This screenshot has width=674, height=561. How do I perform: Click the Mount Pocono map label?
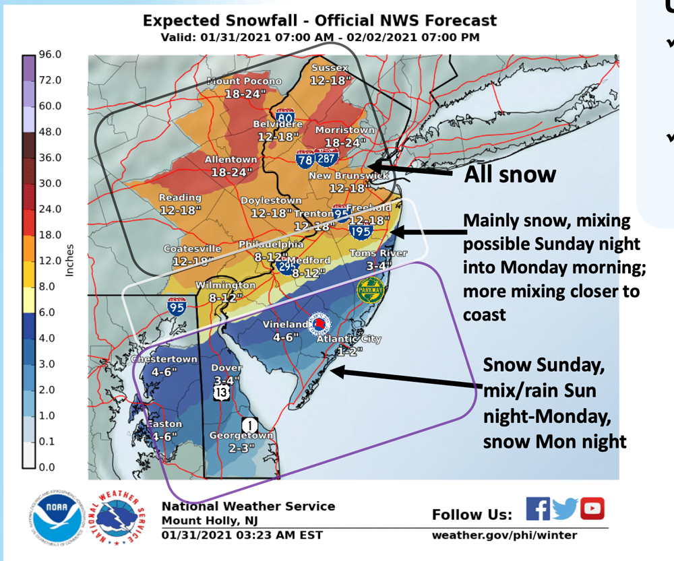(243, 81)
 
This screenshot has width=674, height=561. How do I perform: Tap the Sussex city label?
(330, 68)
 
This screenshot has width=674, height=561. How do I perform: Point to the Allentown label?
(231, 160)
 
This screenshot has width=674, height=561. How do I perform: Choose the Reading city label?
(180, 198)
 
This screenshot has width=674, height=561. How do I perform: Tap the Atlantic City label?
(350, 339)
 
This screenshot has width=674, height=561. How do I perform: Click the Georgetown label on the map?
(241, 435)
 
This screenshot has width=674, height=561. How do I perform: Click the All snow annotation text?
(510, 174)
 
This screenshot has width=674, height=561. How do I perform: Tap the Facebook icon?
(537, 508)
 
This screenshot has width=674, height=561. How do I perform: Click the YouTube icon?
(592, 508)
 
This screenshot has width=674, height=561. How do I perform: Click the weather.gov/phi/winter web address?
(504, 535)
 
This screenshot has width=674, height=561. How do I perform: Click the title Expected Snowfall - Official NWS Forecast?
(319, 21)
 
